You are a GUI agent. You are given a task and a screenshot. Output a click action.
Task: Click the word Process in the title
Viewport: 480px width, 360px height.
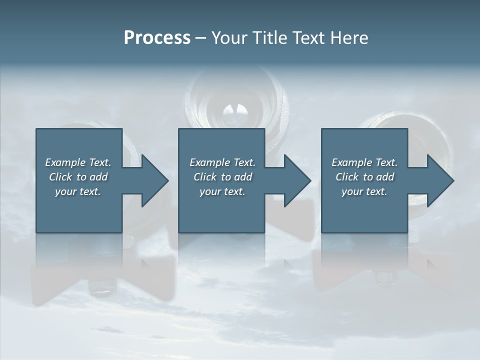[x=157, y=38]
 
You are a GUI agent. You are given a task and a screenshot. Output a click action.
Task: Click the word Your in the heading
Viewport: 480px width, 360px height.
[x=230, y=38]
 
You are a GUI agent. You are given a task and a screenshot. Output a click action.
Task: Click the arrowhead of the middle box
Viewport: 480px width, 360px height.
[x=296, y=180]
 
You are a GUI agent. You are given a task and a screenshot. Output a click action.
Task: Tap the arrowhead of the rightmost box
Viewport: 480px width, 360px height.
[x=439, y=180]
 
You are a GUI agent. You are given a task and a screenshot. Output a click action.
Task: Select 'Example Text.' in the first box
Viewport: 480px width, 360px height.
[x=78, y=162]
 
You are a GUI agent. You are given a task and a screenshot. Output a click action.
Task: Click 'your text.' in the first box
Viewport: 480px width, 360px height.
[x=78, y=191]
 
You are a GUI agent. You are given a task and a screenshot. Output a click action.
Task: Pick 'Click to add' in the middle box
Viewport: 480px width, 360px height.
[x=222, y=177]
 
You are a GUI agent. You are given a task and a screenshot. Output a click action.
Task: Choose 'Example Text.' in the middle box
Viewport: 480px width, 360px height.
[x=222, y=162]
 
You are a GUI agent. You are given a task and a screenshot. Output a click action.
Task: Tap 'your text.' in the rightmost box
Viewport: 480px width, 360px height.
[x=364, y=191]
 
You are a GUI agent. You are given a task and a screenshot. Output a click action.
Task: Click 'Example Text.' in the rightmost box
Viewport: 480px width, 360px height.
[x=364, y=162]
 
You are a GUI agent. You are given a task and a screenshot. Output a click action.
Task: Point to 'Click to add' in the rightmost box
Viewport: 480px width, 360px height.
[x=364, y=177]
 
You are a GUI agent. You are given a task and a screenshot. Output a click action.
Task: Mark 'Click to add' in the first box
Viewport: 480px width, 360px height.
[x=78, y=177]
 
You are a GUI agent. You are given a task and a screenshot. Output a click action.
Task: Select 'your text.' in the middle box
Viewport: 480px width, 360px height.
[x=222, y=191]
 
